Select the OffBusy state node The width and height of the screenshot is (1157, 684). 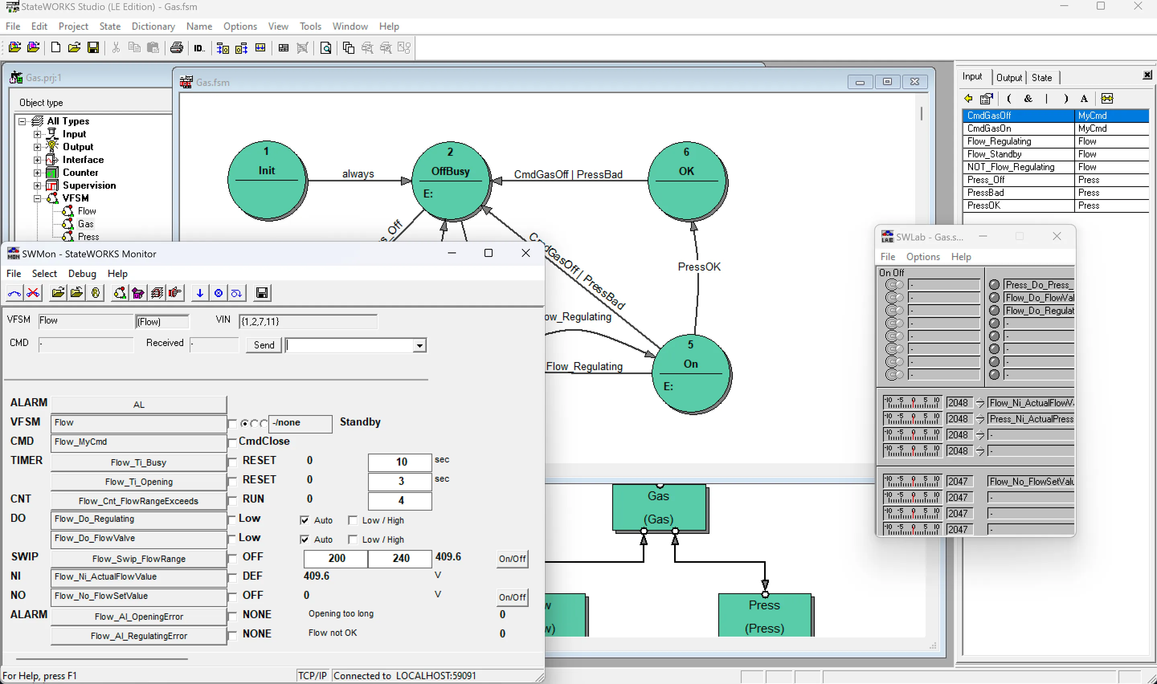pyautogui.click(x=450, y=181)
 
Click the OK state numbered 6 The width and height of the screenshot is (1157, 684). pyautogui.click(x=687, y=181)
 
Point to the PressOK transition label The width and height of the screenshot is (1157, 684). pyautogui.click(x=699, y=267)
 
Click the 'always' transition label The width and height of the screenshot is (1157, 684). pyautogui.click(x=358, y=174)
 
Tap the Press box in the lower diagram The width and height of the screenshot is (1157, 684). pyautogui.click(x=765, y=615)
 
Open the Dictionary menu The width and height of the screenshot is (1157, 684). pyautogui.click(x=153, y=26)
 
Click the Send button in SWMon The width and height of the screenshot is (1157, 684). pyautogui.click(x=264, y=345)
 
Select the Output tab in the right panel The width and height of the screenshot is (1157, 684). pyautogui.click(x=1008, y=77)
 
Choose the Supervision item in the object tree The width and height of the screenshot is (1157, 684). pyautogui.click(x=89, y=185)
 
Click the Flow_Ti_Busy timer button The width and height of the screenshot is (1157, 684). pyautogui.click(x=138, y=462)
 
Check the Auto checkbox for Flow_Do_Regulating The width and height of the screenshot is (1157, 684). pyautogui.click(x=305, y=520)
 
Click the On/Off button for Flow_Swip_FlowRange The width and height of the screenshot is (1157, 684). pyautogui.click(x=512, y=559)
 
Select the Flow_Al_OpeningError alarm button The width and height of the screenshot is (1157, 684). pyautogui.click(x=138, y=617)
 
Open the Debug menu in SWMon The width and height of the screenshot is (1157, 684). pyautogui.click(x=82, y=274)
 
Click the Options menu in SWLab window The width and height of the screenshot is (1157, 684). pyautogui.click(x=922, y=257)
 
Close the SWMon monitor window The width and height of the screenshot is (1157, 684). pyautogui.click(x=525, y=253)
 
